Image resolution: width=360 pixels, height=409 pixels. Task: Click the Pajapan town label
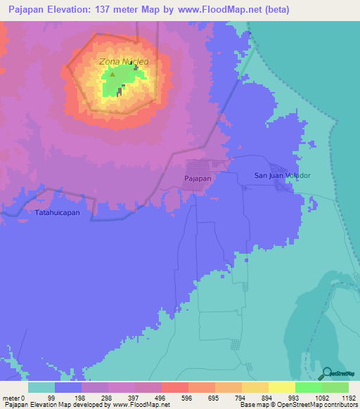(198, 179)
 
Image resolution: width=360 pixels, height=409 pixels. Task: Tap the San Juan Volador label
(282, 176)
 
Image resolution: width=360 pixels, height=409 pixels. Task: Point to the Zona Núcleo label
(124, 61)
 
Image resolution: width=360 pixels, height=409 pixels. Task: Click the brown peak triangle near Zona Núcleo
(112, 72)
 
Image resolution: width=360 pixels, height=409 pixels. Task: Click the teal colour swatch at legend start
(41, 387)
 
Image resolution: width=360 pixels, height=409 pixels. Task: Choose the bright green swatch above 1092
(309, 387)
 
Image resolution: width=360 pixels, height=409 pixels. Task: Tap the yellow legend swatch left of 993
(282, 387)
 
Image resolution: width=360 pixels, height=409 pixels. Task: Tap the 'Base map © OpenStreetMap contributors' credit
(298, 405)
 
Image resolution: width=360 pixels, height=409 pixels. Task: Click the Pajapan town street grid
(207, 167)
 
